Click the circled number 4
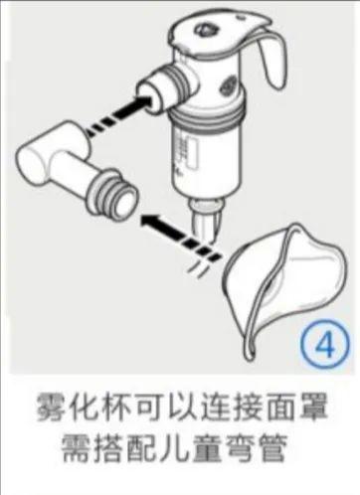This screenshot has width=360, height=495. [x=326, y=344]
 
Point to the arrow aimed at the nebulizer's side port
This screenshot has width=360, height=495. [x=120, y=112]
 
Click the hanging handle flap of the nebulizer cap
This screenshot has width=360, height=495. [x=271, y=60]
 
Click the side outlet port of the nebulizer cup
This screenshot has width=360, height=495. [x=164, y=87]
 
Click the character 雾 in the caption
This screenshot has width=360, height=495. [x=50, y=407]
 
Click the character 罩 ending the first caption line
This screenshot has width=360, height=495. [x=313, y=407]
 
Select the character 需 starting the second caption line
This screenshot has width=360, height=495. [x=76, y=446]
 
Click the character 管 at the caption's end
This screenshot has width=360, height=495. [x=272, y=446]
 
